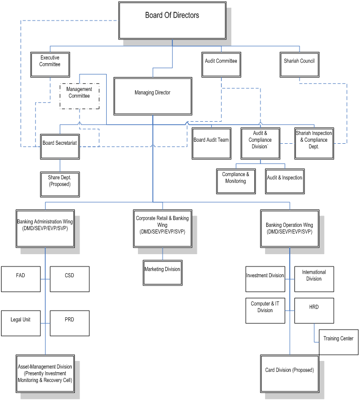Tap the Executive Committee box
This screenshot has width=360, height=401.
(x=50, y=64)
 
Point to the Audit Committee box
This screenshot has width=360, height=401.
(x=221, y=64)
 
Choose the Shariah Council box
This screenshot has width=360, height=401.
(x=299, y=64)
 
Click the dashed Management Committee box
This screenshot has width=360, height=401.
(x=79, y=96)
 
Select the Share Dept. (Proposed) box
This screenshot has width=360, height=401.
(x=60, y=184)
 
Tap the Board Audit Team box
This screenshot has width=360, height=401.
(x=211, y=143)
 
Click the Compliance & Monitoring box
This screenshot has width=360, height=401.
(x=236, y=181)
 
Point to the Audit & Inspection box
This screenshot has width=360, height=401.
(x=285, y=181)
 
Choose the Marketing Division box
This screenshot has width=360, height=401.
(x=163, y=273)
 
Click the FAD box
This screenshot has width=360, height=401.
(x=21, y=279)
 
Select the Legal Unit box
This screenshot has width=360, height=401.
(x=21, y=322)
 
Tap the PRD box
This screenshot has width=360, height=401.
(x=70, y=322)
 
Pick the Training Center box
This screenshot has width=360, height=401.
(x=338, y=342)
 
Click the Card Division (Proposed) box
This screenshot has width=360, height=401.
(x=290, y=374)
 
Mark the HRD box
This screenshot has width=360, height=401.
(x=314, y=310)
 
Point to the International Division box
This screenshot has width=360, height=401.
(x=314, y=279)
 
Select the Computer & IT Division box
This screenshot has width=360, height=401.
(x=265, y=310)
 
